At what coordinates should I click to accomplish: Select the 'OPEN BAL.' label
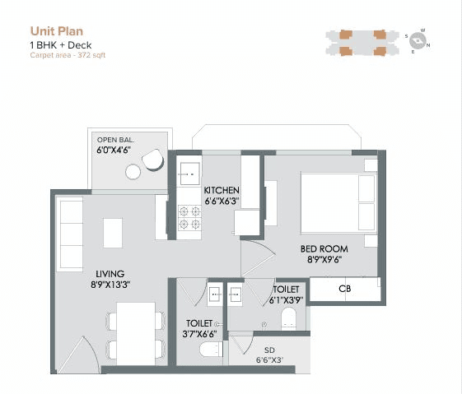(116, 140)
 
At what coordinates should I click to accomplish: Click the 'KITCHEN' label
(222, 190)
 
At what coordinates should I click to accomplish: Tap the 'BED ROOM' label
(324, 249)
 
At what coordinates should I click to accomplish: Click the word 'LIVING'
(110, 274)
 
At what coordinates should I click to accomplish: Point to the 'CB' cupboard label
(345, 290)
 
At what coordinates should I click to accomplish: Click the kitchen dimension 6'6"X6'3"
(222, 201)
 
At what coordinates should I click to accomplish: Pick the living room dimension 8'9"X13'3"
(111, 285)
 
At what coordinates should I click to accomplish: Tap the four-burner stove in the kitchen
(189, 216)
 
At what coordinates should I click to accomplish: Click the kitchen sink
(189, 174)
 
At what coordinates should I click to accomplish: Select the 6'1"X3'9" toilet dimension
(287, 300)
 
